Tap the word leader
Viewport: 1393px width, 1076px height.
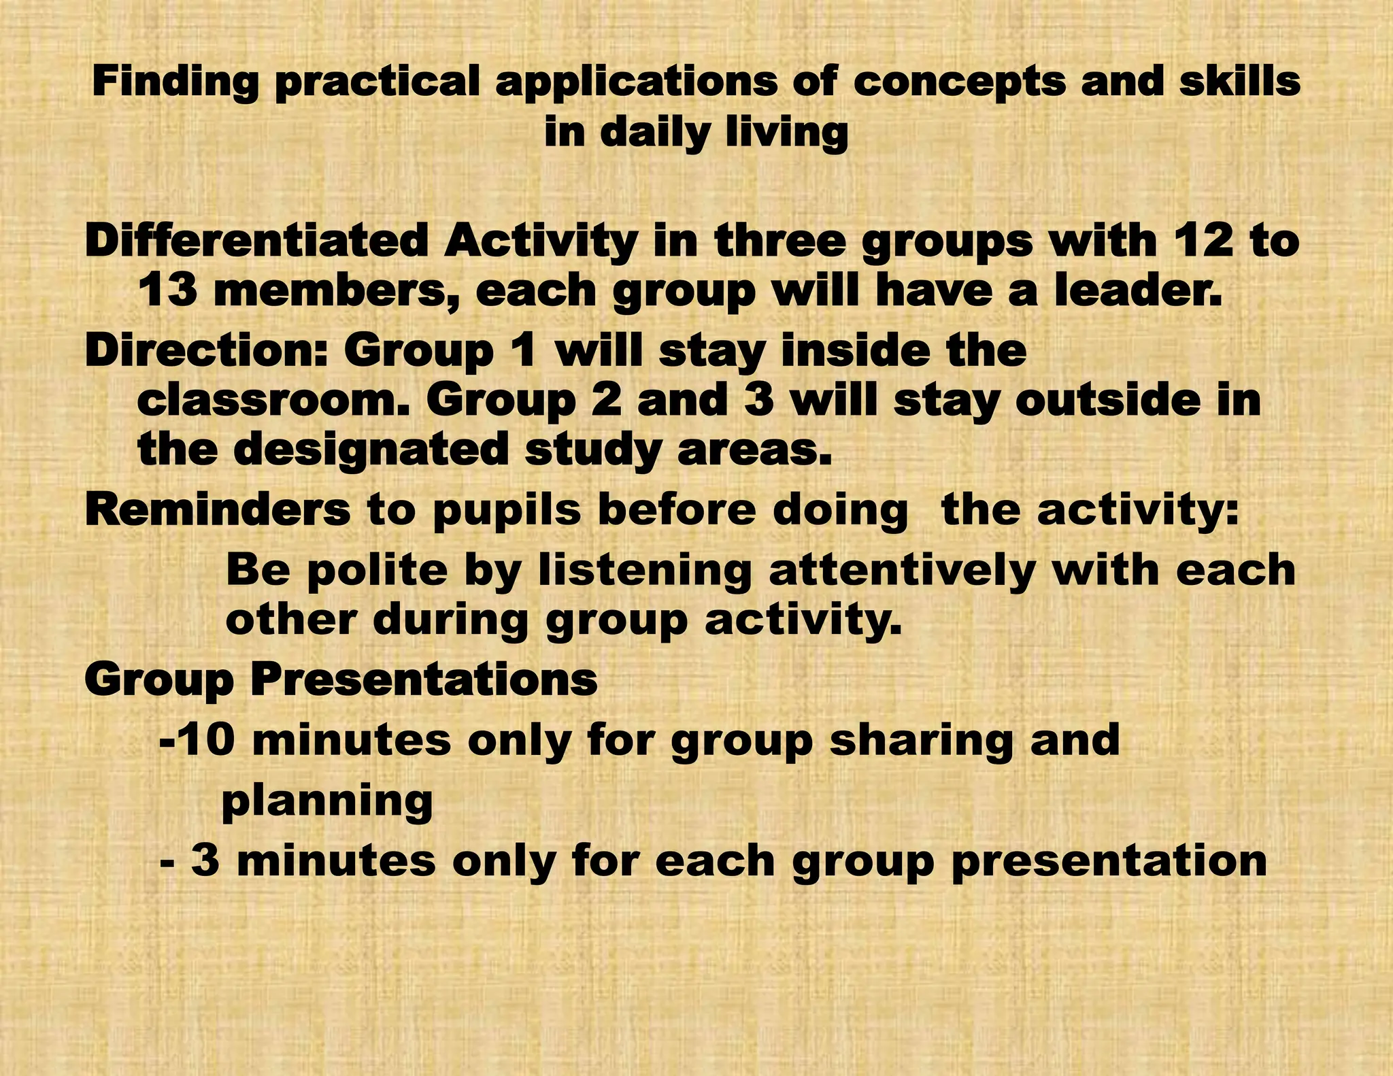click(x=1138, y=291)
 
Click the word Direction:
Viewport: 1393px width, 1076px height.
click(x=207, y=351)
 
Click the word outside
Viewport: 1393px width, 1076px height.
click(x=1108, y=401)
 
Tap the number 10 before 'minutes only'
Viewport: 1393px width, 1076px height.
click(x=208, y=740)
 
